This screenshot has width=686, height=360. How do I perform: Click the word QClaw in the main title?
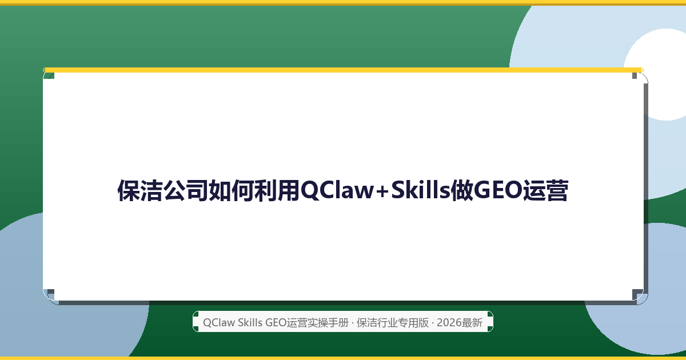(x=337, y=190)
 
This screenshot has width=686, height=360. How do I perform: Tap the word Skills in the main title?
(x=421, y=190)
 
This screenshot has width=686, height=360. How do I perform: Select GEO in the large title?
(x=497, y=190)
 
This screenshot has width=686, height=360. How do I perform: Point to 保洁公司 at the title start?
(x=162, y=190)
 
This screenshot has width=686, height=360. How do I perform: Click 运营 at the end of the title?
(x=545, y=190)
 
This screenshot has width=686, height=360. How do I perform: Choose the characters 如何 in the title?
(x=231, y=190)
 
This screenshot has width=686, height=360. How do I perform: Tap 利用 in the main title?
(x=277, y=190)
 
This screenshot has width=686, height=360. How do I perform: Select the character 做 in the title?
(x=462, y=190)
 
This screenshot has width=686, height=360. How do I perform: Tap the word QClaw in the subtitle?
(x=219, y=323)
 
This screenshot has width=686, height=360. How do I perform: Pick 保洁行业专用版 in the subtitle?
(x=393, y=323)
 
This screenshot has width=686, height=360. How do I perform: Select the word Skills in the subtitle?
(x=250, y=323)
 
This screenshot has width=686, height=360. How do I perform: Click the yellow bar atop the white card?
(x=343, y=70)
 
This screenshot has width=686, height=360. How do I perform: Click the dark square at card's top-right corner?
(x=635, y=75)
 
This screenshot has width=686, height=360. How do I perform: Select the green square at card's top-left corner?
(x=49, y=75)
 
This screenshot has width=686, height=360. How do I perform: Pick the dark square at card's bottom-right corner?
(x=637, y=294)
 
